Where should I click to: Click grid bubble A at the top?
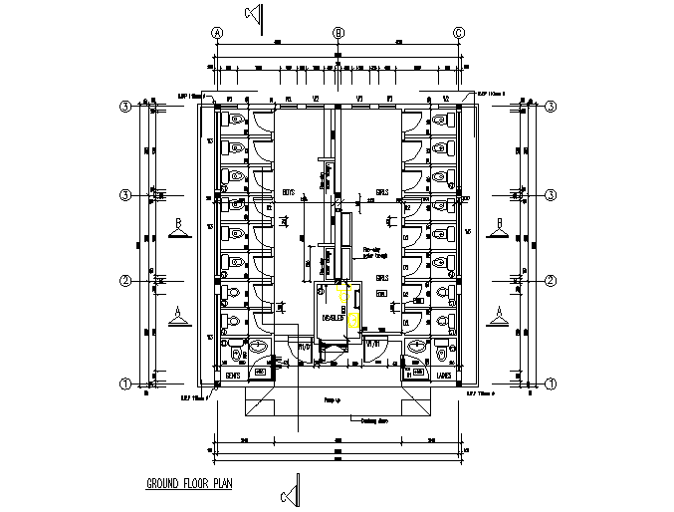pyautogui.click(x=216, y=33)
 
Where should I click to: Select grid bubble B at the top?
pyautogui.click(x=338, y=33)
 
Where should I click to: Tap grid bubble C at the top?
pyautogui.click(x=459, y=33)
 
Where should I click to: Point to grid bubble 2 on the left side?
pyautogui.click(x=126, y=281)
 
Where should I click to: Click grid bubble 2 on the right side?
pyautogui.click(x=550, y=281)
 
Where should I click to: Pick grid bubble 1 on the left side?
pyautogui.click(x=126, y=384)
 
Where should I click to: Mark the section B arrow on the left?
pyautogui.click(x=178, y=229)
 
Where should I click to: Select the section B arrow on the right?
pyautogui.click(x=497, y=229)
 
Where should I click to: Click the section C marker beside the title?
pyautogui.click(x=290, y=492)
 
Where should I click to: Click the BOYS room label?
pyautogui.click(x=289, y=190)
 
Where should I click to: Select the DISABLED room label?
pyautogui.click(x=332, y=319)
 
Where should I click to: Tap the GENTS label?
pyautogui.click(x=234, y=376)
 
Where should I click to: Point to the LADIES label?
pyautogui.click(x=444, y=376)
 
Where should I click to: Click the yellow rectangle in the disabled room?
pyautogui.click(x=352, y=320)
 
